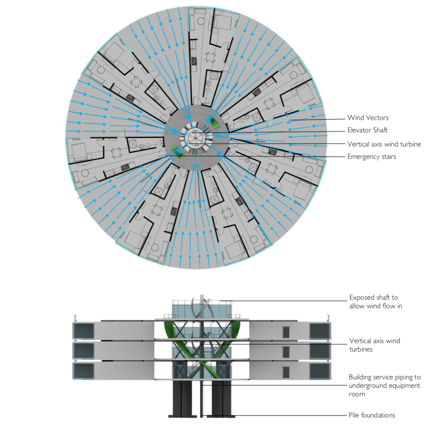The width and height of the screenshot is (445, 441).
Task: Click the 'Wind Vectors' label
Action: point(368,118)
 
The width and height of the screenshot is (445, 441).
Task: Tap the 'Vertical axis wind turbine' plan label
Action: point(384,144)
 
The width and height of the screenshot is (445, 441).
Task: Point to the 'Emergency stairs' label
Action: point(371,157)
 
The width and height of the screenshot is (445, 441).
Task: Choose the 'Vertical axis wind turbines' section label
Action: point(375,345)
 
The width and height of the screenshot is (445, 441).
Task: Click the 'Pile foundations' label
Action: point(372,415)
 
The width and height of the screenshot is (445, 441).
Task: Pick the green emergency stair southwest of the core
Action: point(176,151)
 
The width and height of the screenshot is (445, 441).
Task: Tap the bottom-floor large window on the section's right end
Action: point(320,371)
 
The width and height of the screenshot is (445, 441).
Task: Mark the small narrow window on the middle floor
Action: point(286,352)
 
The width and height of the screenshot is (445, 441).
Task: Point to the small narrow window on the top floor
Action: point(286,332)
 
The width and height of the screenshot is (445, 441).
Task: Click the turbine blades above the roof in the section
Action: point(203,307)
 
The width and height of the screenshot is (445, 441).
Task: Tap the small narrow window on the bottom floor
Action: point(286,372)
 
